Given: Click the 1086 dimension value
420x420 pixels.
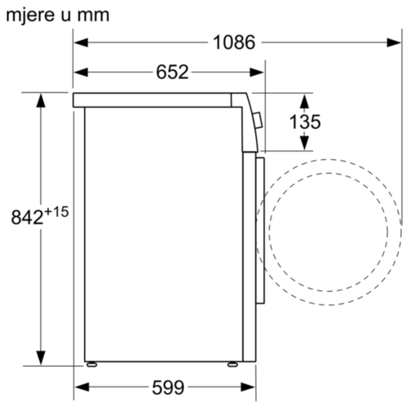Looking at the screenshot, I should (x=234, y=42).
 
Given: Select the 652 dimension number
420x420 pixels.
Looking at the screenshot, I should (x=172, y=72).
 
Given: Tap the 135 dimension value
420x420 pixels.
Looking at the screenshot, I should (x=305, y=122).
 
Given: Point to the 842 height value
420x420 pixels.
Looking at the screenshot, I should (x=27, y=218).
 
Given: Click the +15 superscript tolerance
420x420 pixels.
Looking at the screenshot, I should (x=56, y=211).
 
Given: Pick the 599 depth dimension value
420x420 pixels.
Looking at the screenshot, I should (x=168, y=387).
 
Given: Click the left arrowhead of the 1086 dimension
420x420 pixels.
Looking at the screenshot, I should (x=80, y=42).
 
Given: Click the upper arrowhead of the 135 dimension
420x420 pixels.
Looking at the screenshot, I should (x=305, y=99).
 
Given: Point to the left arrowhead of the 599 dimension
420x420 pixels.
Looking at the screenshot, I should (x=80, y=387).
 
